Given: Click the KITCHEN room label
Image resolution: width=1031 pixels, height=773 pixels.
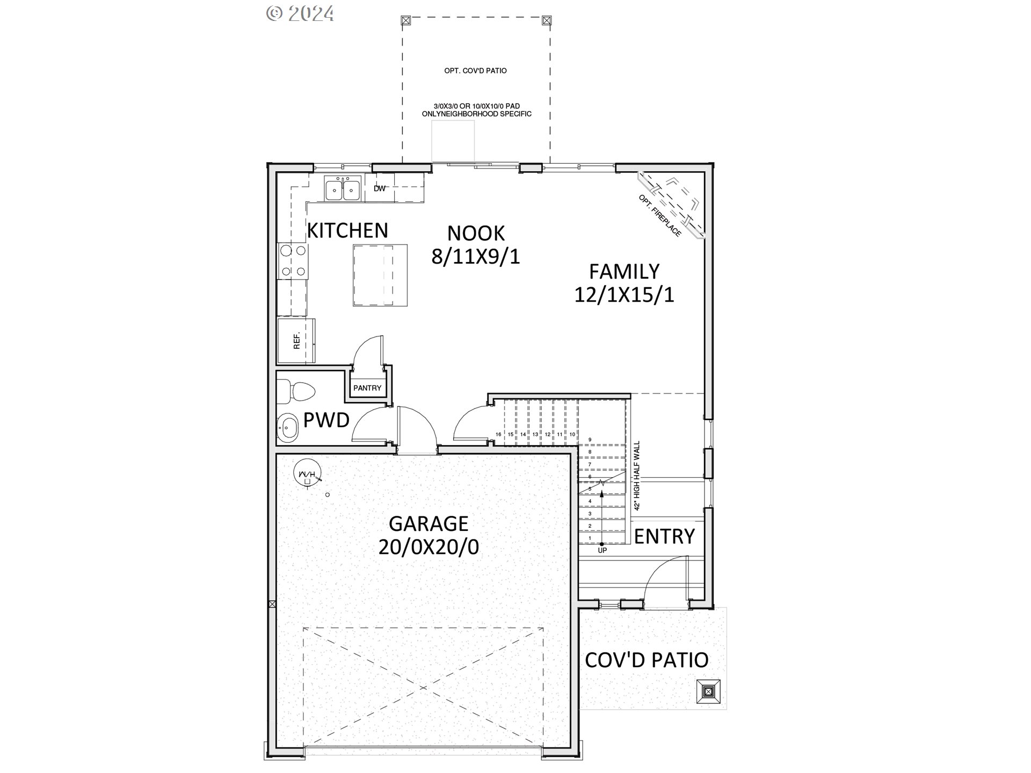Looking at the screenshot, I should point(347,230).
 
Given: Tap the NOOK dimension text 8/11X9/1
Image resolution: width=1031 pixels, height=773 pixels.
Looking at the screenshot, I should point(476,257).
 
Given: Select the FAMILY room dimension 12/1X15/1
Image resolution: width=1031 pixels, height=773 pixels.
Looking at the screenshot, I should point(624,295).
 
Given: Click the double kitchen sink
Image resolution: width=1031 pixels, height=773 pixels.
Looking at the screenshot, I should point(342,189).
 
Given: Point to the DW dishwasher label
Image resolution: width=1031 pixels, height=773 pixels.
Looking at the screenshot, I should point(380,188).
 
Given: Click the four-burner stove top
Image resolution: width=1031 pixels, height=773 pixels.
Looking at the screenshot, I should point(293,261).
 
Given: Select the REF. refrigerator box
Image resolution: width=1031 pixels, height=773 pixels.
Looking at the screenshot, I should point(296,341).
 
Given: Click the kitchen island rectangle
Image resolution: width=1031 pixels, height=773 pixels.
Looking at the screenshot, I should point(380,275).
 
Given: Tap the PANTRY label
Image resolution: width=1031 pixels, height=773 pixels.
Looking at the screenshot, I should point(367,388).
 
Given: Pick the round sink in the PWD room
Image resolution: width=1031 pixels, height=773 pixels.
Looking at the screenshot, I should point(288,428).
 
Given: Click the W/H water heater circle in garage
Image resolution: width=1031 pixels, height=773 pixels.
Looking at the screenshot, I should point(307,474).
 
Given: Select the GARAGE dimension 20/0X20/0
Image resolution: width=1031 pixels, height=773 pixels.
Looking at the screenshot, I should point(429,547).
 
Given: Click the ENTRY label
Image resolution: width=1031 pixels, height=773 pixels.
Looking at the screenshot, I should point(664,536).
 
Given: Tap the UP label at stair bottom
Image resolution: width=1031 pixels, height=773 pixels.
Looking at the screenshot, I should point(602,550).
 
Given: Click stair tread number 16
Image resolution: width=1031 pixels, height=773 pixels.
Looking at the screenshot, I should point(498,434).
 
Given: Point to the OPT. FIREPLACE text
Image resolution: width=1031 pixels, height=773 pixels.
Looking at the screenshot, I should point(659,215).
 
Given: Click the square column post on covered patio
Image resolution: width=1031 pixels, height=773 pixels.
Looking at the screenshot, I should point(708,691).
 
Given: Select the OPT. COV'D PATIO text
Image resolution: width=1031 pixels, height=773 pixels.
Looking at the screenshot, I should point(475,71).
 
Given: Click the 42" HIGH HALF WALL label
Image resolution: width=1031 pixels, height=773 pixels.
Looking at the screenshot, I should point(637,476).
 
